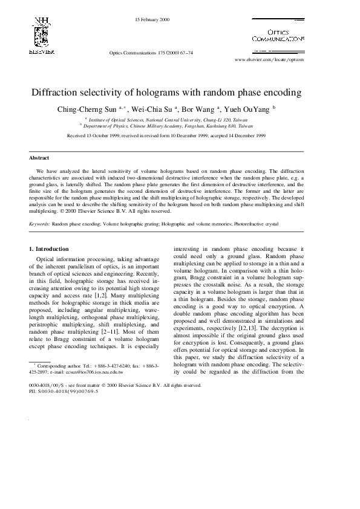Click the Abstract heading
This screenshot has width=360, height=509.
[39, 158]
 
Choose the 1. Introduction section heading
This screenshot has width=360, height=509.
[49, 248]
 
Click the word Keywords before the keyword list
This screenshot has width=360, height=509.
[39, 224]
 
